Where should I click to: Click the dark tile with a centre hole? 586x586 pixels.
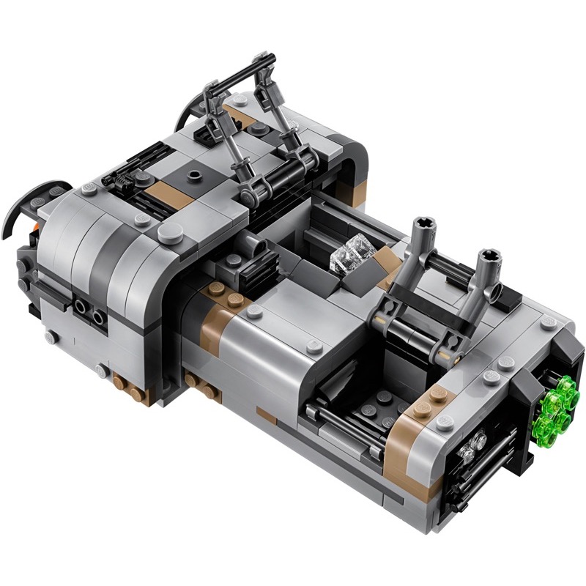click(193, 176)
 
